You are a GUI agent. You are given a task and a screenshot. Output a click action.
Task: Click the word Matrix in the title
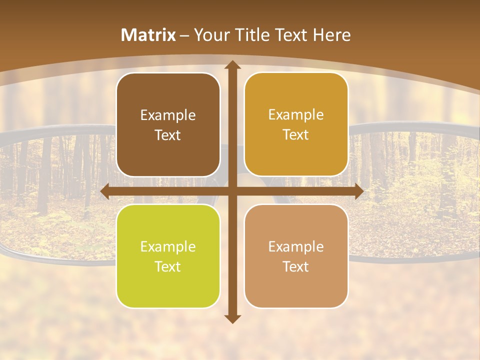point(148,35)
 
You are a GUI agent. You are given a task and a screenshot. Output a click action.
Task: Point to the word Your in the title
point(210,35)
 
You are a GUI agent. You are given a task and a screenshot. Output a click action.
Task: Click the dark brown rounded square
point(168,125)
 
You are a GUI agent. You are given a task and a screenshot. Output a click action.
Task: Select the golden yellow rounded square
point(296,124)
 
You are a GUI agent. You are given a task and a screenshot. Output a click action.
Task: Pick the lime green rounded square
point(168,256)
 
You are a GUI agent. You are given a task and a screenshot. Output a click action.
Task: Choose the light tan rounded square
point(296,256)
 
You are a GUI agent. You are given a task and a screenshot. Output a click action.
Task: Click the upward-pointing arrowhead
point(232,65)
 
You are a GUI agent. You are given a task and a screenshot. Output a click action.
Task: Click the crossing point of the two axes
point(232,191)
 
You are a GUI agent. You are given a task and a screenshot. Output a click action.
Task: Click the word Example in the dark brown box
point(168,115)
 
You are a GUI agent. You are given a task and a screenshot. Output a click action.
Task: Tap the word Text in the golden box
point(296,134)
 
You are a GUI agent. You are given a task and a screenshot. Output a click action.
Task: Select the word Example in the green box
point(168,246)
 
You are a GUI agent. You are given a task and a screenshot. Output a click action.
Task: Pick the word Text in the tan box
point(296,266)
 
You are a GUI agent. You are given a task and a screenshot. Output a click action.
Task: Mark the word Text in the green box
point(168,266)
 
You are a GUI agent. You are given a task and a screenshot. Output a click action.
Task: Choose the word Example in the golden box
point(296,114)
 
